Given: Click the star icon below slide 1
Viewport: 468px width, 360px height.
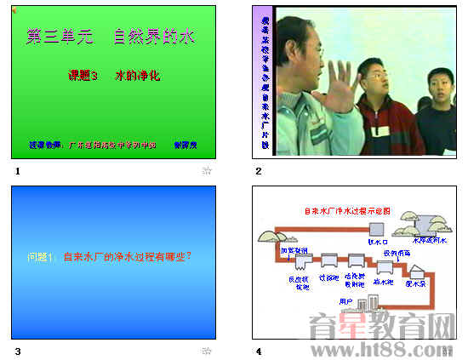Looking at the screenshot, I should [x=206, y=171].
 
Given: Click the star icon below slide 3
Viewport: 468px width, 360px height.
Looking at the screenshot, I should [x=206, y=351].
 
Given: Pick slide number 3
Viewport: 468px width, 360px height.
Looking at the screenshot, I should [x=16, y=351].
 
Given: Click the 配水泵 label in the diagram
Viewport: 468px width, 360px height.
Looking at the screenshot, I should [x=415, y=283].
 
